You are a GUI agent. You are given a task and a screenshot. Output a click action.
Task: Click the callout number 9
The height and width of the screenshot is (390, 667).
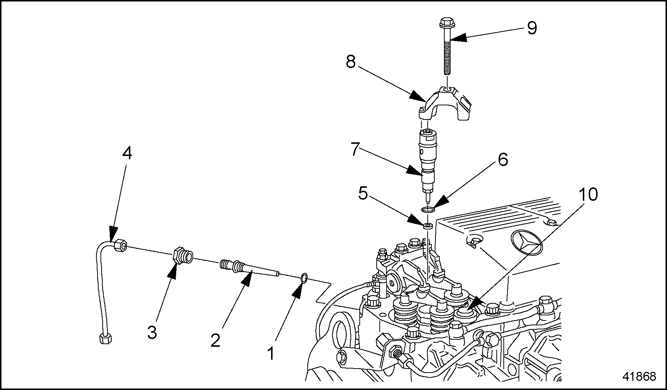pyautogui.click(x=531, y=28)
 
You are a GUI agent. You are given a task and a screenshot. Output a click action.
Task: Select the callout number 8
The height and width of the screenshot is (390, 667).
pyautogui.click(x=350, y=62)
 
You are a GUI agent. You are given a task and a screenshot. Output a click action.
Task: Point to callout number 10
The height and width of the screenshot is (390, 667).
pyautogui.click(x=588, y=194)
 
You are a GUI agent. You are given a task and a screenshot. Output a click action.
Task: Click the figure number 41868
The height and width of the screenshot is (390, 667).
pyautogui.click(x=639, y=376)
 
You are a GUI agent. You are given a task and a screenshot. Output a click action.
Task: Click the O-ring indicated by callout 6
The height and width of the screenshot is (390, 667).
pyautogui.click(x=428, y=210)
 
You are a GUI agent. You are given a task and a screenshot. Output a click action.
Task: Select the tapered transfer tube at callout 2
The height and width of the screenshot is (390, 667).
pyautogui.click(x=251, y=269)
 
